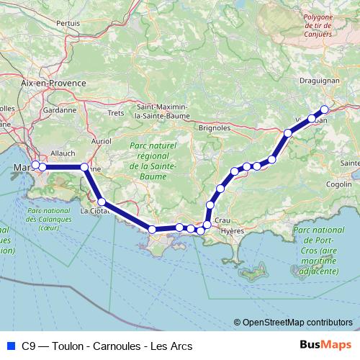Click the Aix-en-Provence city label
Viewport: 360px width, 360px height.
point(53,84)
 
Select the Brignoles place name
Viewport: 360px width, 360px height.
point(214,127)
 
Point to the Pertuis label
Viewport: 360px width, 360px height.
point(68,23)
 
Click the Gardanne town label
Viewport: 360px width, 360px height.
point(60,111)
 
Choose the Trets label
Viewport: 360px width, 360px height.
point(115,113)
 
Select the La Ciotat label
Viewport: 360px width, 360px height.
point(94,211)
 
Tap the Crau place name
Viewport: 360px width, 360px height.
point(222,219)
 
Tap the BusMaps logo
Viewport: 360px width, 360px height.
point(321,345)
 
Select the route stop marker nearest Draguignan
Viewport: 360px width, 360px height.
point(324,109)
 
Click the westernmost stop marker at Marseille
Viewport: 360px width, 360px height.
point(35,166)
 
